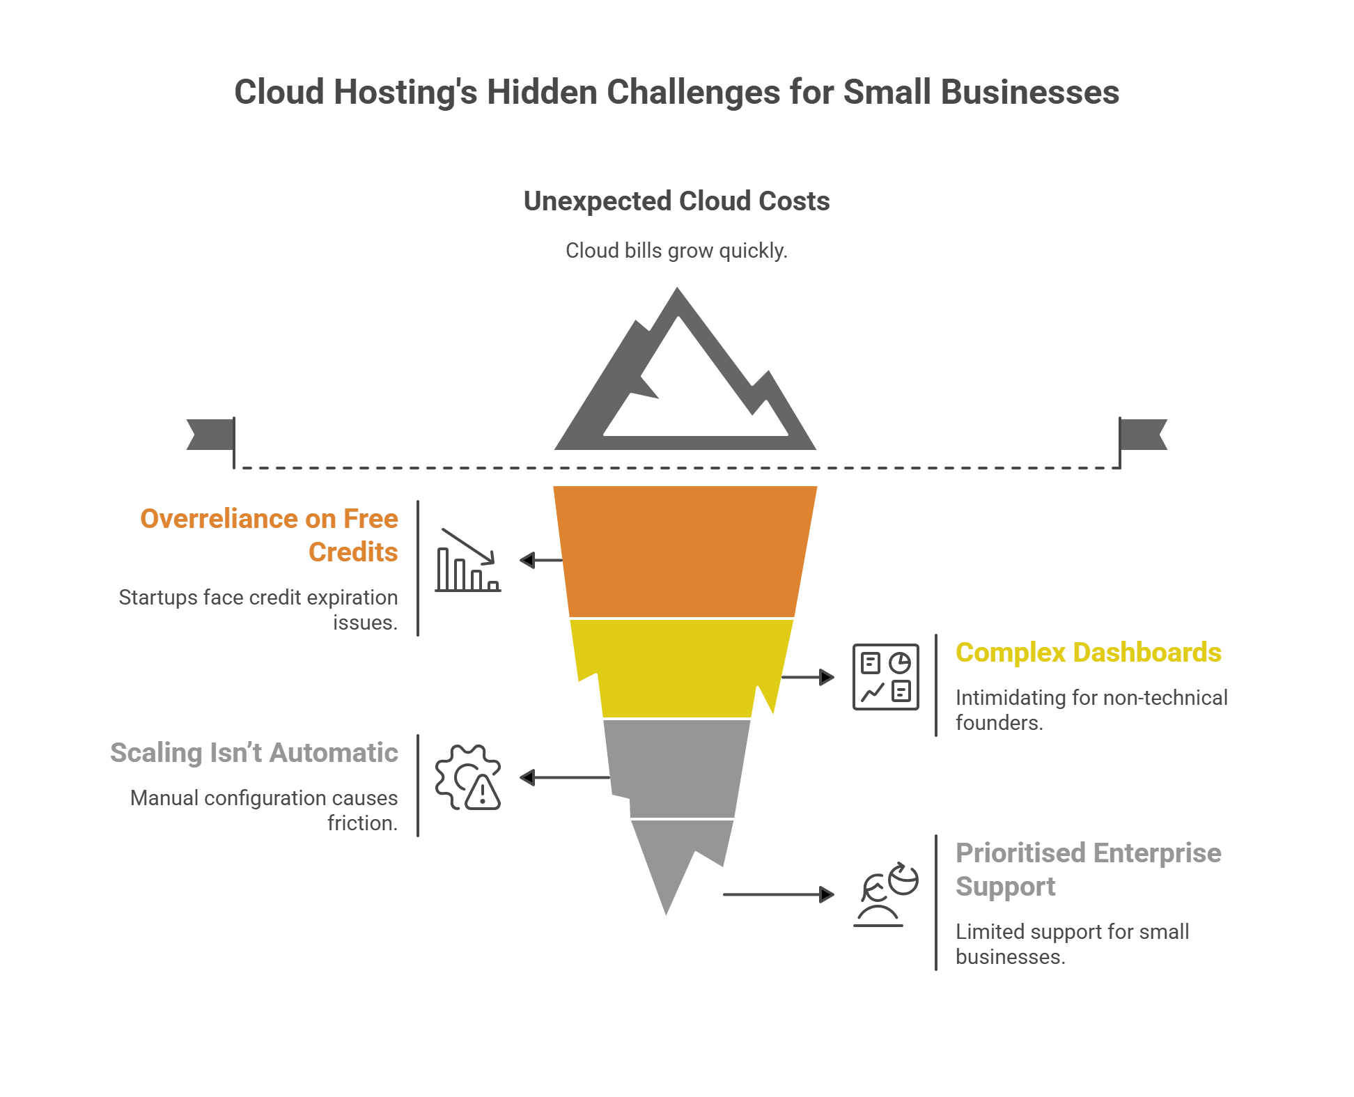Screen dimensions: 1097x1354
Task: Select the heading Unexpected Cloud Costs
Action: coord(676,201)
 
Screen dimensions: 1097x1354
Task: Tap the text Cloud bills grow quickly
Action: coord(676,251)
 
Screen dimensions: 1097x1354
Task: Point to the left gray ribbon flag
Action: coord(208,435)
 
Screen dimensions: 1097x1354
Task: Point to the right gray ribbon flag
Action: coord(1144,435)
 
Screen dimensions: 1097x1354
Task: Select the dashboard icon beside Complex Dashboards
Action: coord(885,677)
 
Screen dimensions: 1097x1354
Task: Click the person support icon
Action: coord(885,894)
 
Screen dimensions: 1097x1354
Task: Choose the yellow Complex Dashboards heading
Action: coord(1088,653)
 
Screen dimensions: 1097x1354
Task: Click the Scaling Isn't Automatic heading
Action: coord(254,753)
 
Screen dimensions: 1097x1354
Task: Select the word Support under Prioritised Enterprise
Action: coord(1005,887)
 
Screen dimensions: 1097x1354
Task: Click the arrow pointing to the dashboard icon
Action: coord(808,677)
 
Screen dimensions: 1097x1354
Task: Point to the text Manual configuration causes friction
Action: coord(265,810)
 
